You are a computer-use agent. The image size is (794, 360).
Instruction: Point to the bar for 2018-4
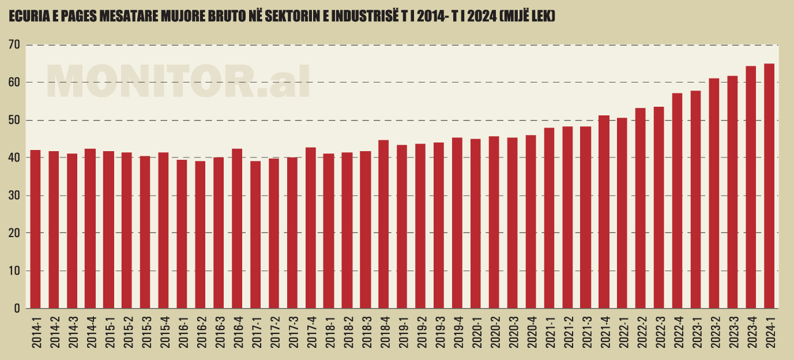[383, 224]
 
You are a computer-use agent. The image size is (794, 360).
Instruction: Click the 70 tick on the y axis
[14, 45]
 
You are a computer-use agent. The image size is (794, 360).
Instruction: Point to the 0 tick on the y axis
[17, 309]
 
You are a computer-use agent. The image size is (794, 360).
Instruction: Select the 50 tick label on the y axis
[14, 121]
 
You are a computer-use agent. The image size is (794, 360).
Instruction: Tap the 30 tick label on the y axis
[14, 196]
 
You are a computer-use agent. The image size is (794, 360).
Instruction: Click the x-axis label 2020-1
[476, 331]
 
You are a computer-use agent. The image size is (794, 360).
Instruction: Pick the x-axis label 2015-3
[146, 331]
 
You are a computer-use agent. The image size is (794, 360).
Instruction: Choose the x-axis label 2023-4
[751, 331]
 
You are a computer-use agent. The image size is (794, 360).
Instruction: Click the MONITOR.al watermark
[178, 80]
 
